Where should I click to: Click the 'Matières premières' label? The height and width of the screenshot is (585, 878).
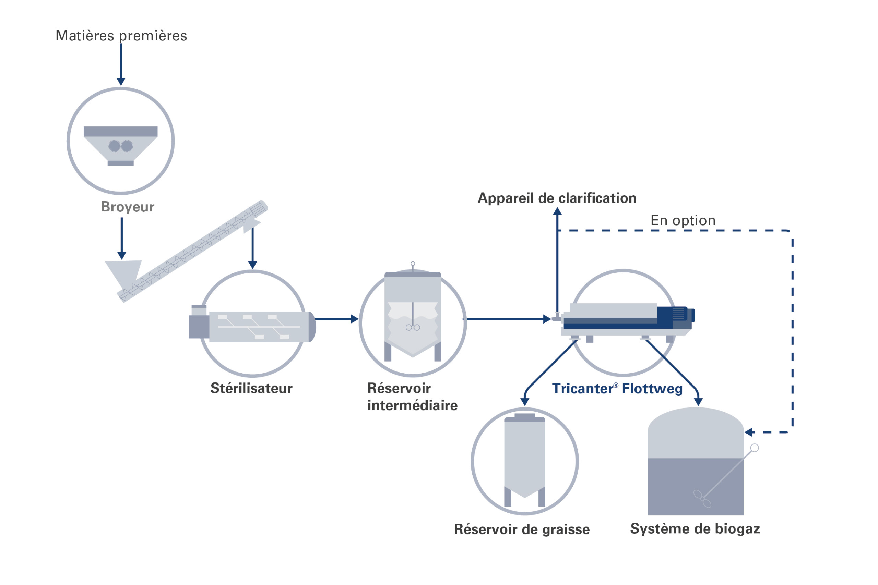pyautogui.click(x=121, y=36)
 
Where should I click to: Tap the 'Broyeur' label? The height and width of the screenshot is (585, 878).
pyautogui.click(x=127, y=207)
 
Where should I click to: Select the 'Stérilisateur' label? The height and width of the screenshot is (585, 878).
pyautogui.click(x=251, y=388)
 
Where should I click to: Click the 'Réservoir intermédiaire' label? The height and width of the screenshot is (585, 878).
pyautogui.click(x=412, y=397)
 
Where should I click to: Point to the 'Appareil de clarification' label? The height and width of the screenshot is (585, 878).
pyautogui.click(x=557, y=198)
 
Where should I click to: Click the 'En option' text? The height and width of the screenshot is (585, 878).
pyautogui.click(x=683, y=220)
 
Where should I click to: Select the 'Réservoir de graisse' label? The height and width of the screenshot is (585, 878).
pyautogui.click(x=522, y=529)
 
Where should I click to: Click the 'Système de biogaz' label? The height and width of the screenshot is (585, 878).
pyautogui.click(x=695, y=529)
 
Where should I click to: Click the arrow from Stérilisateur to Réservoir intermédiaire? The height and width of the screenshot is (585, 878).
pyautogui.click(x=336, y=319)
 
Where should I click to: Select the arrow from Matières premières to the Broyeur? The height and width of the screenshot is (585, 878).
pyautogui.click(x=121, y=63)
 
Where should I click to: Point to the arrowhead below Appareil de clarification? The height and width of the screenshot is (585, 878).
pyautogui.click(x=557, y=211)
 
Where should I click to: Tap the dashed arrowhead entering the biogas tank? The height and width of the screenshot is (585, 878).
pyautogui.click(x=749, y=432)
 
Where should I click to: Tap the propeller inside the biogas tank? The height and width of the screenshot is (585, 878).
pyautogui.click(x=702, y=499)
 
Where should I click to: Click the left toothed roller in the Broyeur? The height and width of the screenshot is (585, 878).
pyautogui.click(x=114, y=146)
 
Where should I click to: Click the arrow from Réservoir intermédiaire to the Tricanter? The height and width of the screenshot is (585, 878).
pyautogui.click(x=508, y=319)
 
